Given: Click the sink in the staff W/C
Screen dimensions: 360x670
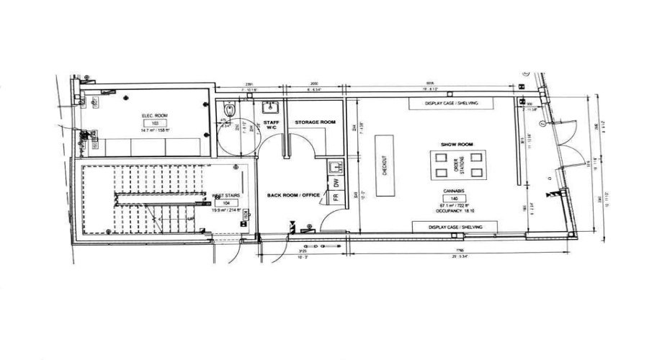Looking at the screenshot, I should click(x=272, y=108).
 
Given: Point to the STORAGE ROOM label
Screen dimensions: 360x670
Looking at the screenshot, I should click(x=316, y=123).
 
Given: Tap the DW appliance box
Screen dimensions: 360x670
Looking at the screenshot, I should click(x=336, y=183).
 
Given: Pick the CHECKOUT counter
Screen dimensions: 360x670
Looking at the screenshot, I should click(x=385, y=165).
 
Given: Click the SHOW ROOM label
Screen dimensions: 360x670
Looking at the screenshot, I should click(x=456, y=144).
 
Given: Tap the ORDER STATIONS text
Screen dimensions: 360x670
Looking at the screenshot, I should click(x=458, y=166).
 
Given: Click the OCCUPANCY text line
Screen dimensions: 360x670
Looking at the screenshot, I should click(x=455, y=211).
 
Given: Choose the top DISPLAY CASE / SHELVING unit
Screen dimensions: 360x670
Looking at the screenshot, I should click(x=452, y=104).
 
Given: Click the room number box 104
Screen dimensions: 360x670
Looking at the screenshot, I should click(x=226, y=203).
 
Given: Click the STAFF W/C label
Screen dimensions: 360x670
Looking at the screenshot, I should click(x=271, y=125).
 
